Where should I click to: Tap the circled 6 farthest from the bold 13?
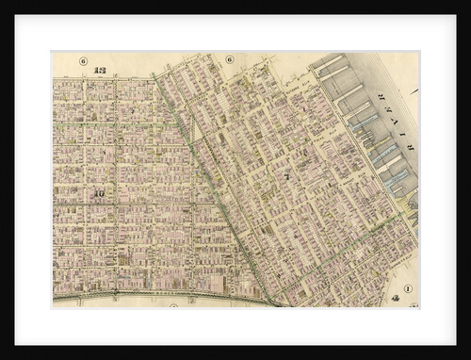[x=229, y=59]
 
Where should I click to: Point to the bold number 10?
[x=98, y=194]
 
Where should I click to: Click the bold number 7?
[x=286, y=175]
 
